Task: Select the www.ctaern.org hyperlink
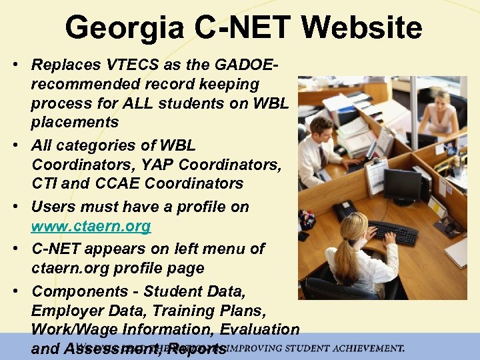91,226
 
